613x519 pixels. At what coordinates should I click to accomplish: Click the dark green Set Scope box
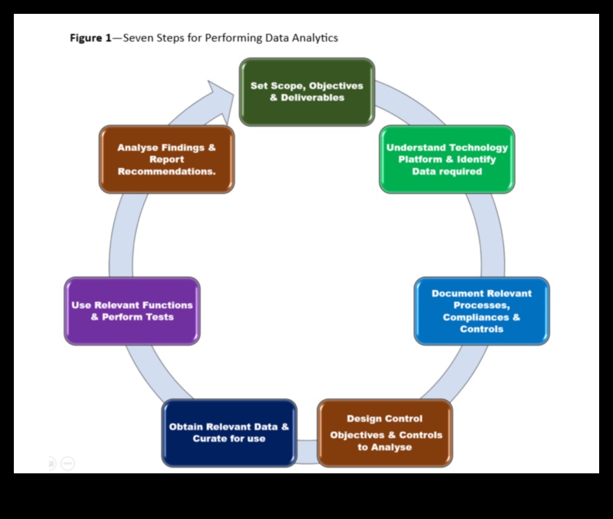306,92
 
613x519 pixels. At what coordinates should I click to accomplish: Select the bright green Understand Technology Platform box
446,159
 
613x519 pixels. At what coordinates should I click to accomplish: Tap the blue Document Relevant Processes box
482,311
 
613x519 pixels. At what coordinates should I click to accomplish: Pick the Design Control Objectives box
385,432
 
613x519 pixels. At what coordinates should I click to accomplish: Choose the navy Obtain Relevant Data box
229,432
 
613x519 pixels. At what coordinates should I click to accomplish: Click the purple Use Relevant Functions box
132,311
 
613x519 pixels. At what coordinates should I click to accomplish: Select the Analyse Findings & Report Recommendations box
167,159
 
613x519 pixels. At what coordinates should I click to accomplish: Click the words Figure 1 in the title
90,38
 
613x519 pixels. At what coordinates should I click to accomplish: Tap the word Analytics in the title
315,38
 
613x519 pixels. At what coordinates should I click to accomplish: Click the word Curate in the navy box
212,439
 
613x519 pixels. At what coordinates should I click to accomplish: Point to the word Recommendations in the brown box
167,172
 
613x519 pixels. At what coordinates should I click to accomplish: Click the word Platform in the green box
421,159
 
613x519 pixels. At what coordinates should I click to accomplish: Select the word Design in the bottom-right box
365,419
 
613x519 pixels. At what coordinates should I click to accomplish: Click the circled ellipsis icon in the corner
68,463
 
